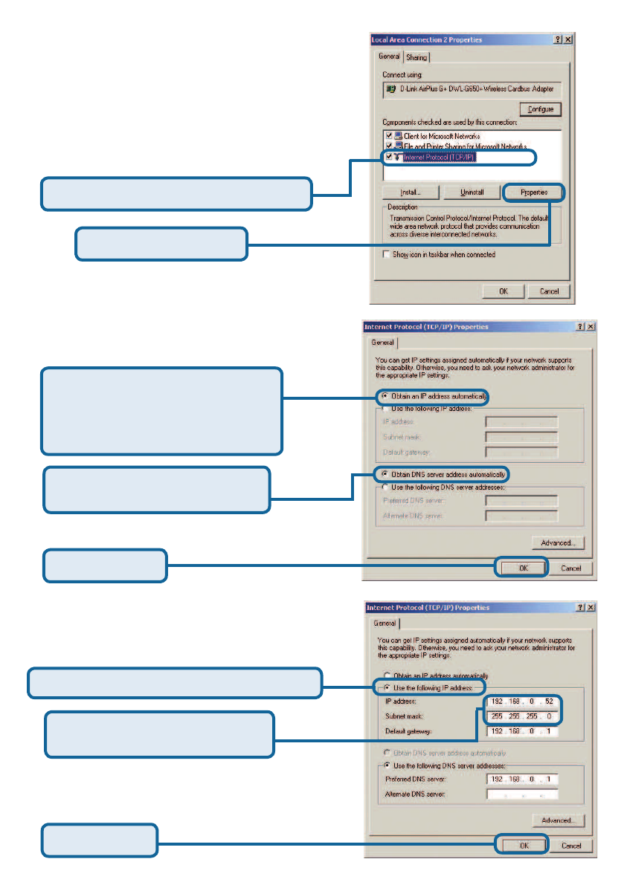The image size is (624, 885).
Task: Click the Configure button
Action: [541, 109]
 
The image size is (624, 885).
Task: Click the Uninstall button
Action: [472, 192]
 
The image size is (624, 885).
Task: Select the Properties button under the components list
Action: [534, 192]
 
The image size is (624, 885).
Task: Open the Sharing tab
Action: [416, 58]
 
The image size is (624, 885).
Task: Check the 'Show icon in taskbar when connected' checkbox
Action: [387, 254]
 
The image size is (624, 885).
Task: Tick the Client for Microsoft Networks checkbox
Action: [388, 137]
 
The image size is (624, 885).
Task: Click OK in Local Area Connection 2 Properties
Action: [504, 291]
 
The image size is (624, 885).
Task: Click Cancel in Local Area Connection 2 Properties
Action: [549, 291]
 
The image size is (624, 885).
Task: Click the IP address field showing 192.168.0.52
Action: [521, 701]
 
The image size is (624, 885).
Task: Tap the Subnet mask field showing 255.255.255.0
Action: [521, 716]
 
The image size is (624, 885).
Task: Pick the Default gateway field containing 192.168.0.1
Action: [521, 732]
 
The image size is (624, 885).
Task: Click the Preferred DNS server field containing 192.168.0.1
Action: [521, 779]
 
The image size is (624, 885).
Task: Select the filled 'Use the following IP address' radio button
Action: [387, 688]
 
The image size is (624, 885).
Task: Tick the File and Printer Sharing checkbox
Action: [388, 147]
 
